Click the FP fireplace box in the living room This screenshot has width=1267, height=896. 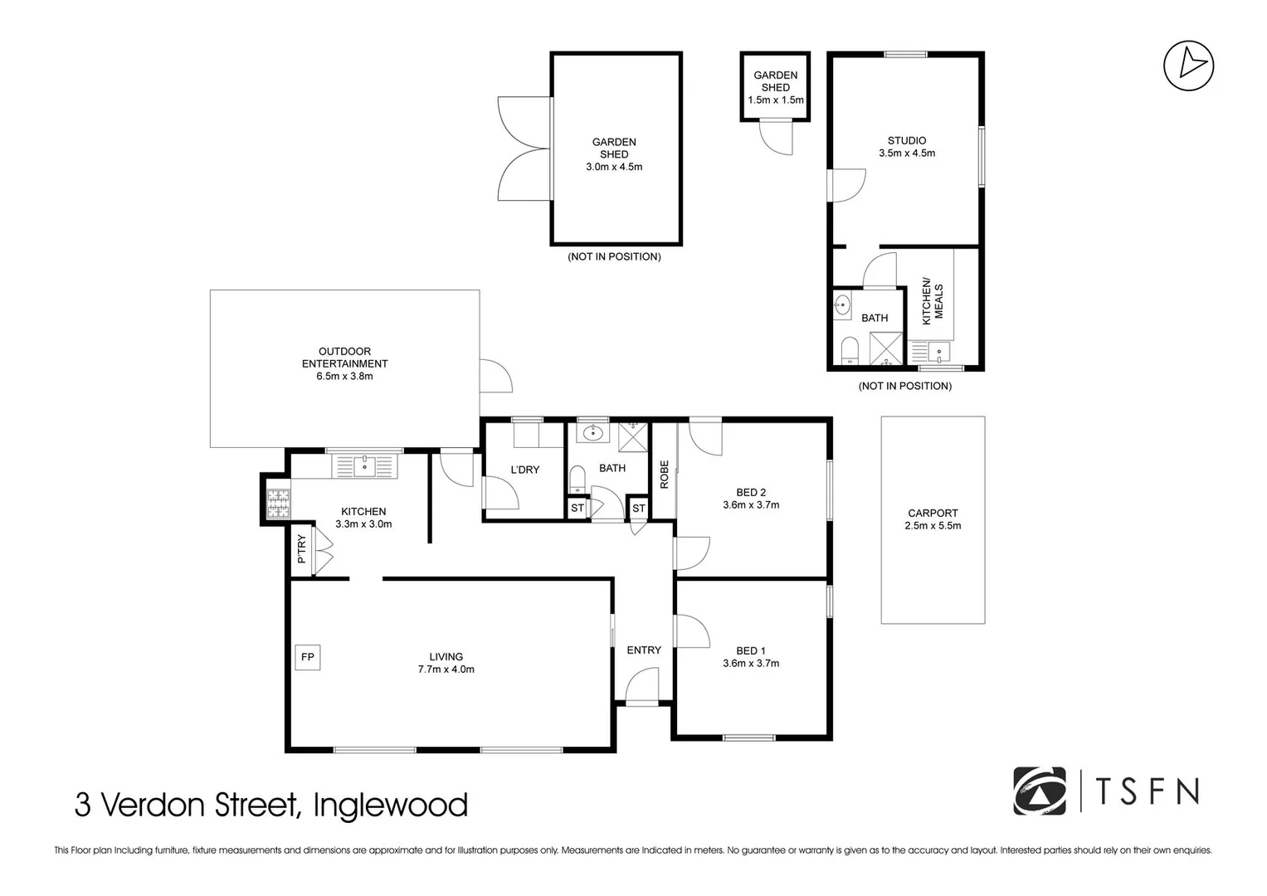pyautogui.click(x=307, y=657)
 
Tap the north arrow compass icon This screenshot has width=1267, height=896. pyautogui.click(x=1188, y=66)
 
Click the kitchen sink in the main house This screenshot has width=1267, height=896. pyautogui.click(x=364, y=466)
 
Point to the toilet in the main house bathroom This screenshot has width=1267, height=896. pyautogui.click(x=577, y=479)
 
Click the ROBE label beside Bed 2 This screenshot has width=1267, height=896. pyautogui.click(x=664, y=474)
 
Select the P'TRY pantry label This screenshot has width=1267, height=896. pyautogui.click(x=301, y=549)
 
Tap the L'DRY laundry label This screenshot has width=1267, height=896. pyautogui.click(x=524, y=470)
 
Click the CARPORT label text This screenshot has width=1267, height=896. pyautogui.click(x=933, y=513)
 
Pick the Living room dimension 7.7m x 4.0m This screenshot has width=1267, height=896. pyautogui.click(x=446, y=670)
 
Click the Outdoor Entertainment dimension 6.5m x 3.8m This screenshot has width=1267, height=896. pyautogui.click(x=344, y=376)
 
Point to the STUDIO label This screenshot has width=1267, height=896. pyautogui.click(x=906, y=140)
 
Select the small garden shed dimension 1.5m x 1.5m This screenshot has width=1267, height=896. pyautogui.click(x=775, y=100)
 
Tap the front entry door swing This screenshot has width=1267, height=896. pyautogui.click(x=641, y=685)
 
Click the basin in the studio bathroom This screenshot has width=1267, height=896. pyautogui.click(x=842, y=306)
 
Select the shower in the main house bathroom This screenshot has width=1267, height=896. pyautogui.click(x=635, y=434)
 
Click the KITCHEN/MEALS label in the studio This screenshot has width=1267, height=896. pyautogui.click(x=933, y=301)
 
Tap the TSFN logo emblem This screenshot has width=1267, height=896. pyautogui.click(x=1039, y=791)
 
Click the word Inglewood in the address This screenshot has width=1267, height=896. pyautogui.click(x=390, y=806)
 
